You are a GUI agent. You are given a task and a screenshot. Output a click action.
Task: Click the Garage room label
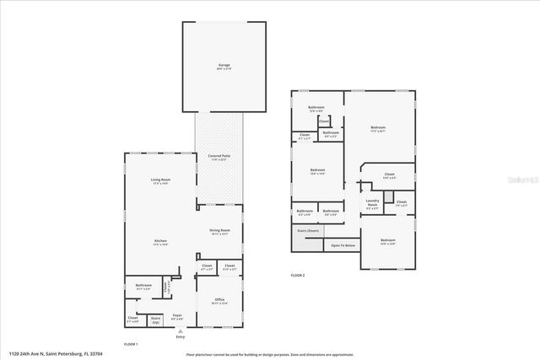[224, 66]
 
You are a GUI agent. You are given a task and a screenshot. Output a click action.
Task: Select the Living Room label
[160, 181]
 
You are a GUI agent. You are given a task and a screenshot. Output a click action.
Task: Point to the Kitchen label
[160, 243]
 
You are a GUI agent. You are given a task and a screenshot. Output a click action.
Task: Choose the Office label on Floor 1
[219, 299]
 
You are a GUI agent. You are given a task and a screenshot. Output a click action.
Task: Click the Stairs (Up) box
[155, 320]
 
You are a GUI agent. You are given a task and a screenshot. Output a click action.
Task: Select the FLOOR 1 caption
[131, 344]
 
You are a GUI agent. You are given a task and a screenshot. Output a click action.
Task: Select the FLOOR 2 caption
[298, 276]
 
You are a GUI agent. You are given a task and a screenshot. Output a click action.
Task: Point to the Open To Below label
[343, 245]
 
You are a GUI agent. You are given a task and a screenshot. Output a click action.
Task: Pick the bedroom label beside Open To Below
[387, 242]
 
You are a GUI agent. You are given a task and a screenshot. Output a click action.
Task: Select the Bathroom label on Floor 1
[143, 287]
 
